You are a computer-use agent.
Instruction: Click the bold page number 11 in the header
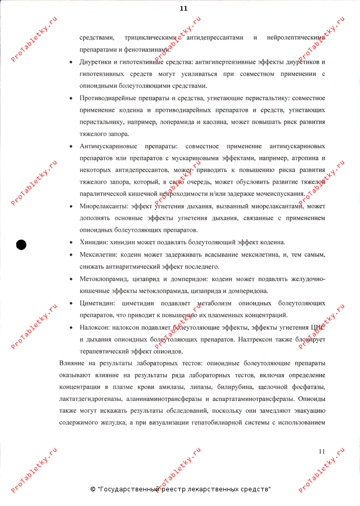pos(184,8)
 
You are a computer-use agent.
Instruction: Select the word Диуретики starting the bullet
pos(95,62)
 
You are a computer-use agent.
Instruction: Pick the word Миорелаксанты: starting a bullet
pos(103,206)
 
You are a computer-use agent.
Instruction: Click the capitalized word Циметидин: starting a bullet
pos(97,303)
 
